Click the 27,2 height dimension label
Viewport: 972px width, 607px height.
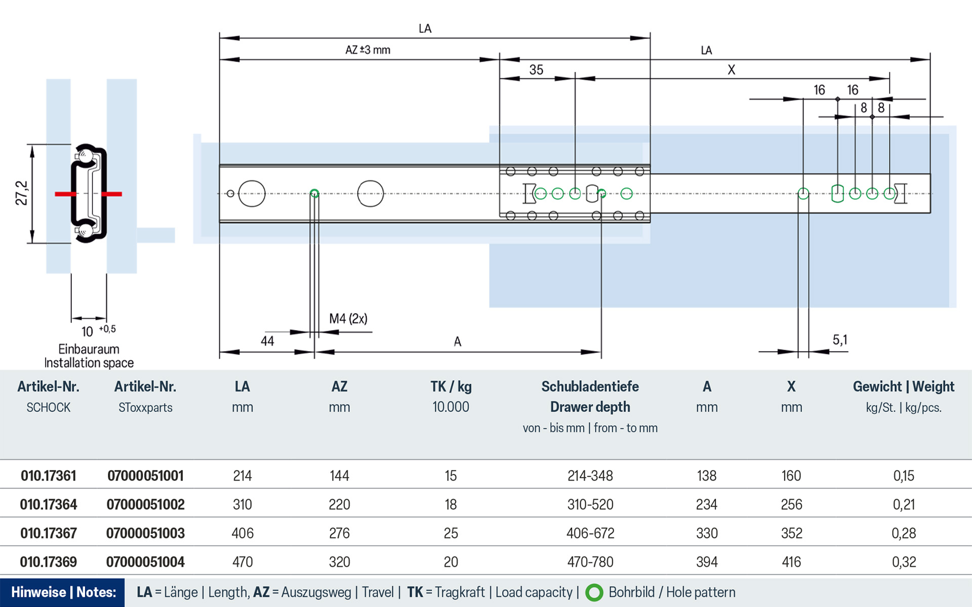tap(21, 193)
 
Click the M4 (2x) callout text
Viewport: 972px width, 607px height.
tap(348, 319)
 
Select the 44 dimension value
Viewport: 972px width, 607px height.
tap(267, 341)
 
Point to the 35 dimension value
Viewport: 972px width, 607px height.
tap(536, 70)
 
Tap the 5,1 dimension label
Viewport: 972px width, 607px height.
tap(839, 340)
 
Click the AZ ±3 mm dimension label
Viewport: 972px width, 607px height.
tap(368, 50)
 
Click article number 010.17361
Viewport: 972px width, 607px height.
tap(49, 475)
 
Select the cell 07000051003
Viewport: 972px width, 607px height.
tap(145, 533)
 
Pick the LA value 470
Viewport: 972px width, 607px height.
tap(242, 562)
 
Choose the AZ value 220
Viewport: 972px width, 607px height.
tap(339, 504)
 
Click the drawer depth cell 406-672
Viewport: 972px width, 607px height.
tap(590, 533)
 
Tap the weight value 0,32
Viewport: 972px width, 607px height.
tap(904, 562)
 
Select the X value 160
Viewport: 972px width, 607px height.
tap(791, 475)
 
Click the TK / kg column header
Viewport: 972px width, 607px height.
tap(451, 387)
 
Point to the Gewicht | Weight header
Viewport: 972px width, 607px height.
tap(903, 387)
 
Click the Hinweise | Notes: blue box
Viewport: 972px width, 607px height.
tap(63, 592)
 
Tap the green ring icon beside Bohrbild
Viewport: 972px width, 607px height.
tap(594, 593)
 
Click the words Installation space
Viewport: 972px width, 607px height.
tap(89, 363)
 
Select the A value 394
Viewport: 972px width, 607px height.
tap(707, 562)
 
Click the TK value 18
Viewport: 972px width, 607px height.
tap(451, 504)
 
